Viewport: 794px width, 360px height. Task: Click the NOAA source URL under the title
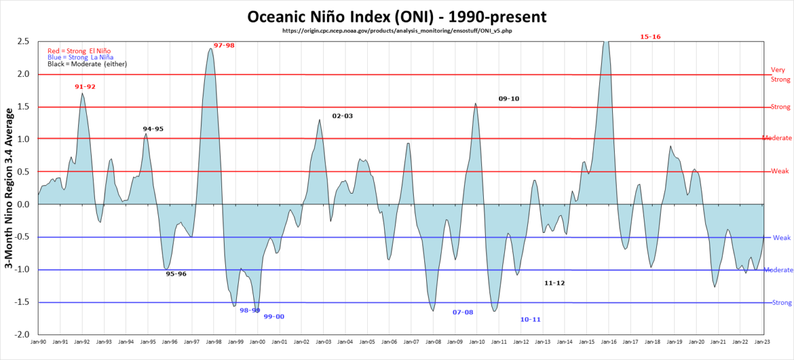coord(397,30)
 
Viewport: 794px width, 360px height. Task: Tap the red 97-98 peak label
coord(224,45)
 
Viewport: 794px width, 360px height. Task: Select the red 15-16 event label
coord(650,37)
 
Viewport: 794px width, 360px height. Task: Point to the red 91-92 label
coord(85,87)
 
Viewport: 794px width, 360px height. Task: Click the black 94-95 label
coord(153,129)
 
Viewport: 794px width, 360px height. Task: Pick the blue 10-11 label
coord(530,320)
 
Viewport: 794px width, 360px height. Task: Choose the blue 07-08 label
coord(463,312)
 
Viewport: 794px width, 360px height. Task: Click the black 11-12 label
coord(555,283)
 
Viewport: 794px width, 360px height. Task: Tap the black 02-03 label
coord(342,116)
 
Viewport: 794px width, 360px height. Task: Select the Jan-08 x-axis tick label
coord(433,341)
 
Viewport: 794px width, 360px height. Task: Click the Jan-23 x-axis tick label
coord(763,341)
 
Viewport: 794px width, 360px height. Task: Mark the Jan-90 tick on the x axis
coord(38,341)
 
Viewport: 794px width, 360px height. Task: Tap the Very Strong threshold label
coord(780,74)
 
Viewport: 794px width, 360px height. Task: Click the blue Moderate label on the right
coord(778,270)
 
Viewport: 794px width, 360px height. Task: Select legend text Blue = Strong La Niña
coord(81,57)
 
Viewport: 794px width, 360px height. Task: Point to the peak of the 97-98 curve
coord(211,48)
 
